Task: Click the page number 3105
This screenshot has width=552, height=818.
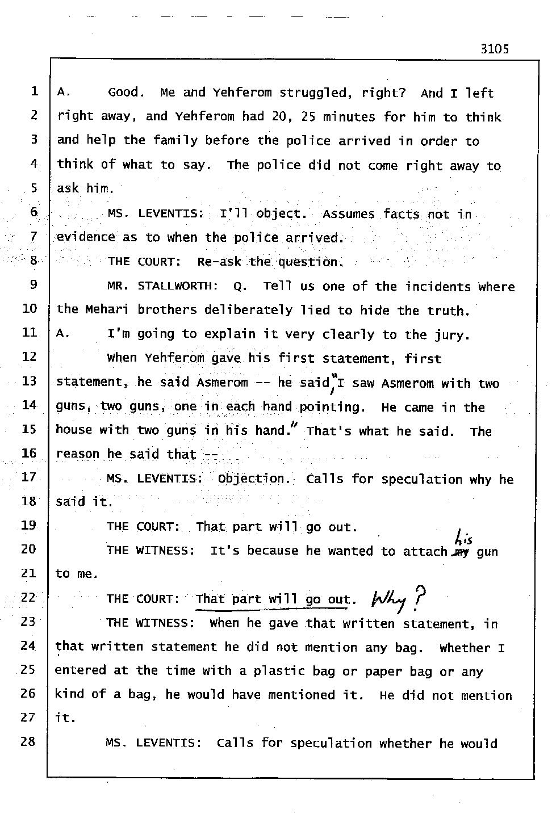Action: click(x=494, y=49)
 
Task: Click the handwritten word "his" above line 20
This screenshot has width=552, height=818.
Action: click(x=463, y=536)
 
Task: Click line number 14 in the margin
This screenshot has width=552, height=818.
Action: click(x=29, y=405)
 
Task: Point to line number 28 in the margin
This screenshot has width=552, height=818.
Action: click(x=28, y=741)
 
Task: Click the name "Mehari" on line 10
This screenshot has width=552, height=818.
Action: click(x=107, y=310)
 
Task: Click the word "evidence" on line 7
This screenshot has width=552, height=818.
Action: click(x=86, y=238)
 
